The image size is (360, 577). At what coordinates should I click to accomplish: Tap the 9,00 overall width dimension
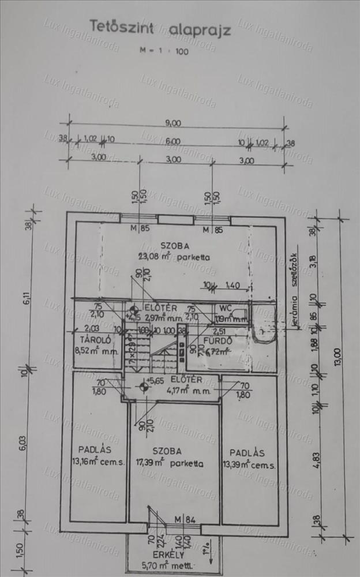[172, 122]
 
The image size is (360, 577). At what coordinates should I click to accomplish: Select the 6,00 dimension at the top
[172, 141]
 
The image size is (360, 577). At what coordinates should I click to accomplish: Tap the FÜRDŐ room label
[220, 340]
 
